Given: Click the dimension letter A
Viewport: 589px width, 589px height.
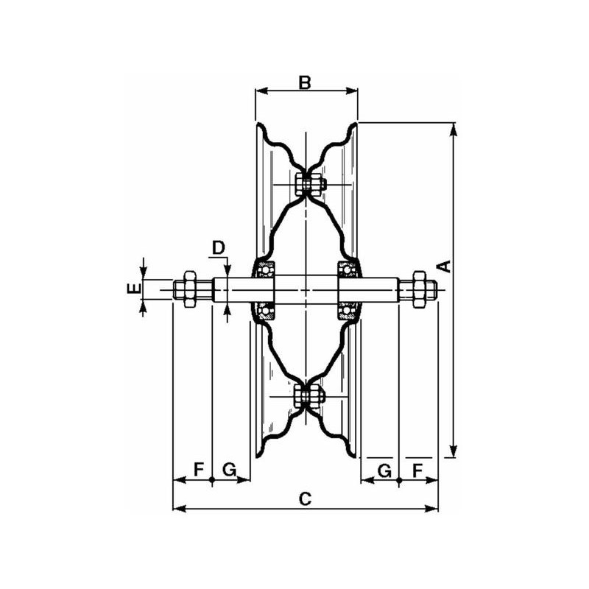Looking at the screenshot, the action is pos(445,266).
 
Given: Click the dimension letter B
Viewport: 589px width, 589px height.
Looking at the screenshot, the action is pos(305,82).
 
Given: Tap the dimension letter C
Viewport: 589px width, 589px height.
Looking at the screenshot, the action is pos(305,499).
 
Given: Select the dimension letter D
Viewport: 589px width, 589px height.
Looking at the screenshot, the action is pos(218,248).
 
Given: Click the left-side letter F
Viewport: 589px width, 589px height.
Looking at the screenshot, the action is pos(199,470).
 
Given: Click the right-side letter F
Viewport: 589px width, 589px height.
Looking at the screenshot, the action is pos(417,470).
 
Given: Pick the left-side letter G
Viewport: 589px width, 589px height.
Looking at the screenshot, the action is pos(230,470).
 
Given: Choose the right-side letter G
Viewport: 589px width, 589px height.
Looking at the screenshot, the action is pos(384,470).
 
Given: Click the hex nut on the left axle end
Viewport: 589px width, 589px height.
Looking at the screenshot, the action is pos(190,289).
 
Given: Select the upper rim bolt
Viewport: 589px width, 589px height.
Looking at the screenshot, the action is pos(308,184).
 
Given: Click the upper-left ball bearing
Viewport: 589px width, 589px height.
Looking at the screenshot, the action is pos(266,269).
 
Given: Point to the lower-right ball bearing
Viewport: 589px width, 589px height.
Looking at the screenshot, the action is pos(345,310).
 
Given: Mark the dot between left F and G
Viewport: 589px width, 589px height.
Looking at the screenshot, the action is pos(212,480).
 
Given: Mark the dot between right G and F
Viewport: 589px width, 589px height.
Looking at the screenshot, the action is pos(399,480).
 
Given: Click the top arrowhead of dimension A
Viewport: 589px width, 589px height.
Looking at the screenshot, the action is pos(454,129).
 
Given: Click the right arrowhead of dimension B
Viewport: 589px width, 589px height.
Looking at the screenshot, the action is pos(351,91).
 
